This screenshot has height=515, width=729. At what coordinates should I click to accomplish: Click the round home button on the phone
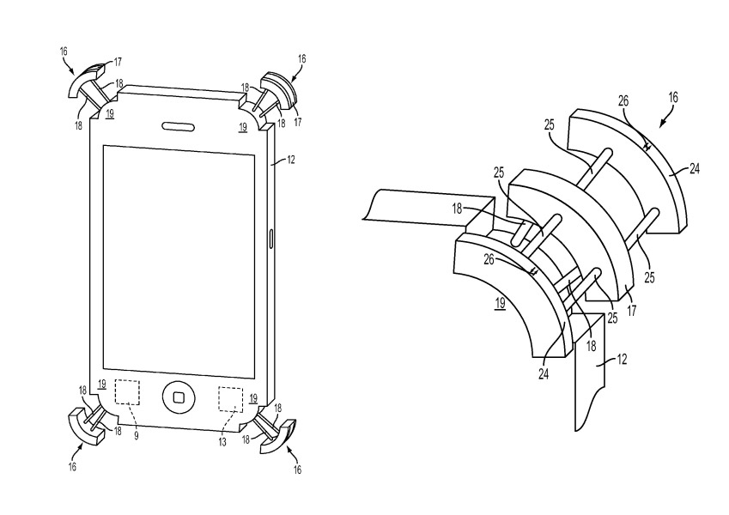point(179,397)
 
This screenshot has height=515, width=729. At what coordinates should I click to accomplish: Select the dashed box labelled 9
point(128,393)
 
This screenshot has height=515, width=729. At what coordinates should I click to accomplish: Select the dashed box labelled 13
point(230,400)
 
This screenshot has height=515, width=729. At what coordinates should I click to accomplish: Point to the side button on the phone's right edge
point(272,237)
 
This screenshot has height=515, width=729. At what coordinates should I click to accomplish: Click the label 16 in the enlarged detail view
point(673,99)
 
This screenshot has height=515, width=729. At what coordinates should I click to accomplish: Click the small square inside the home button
point(179,397)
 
